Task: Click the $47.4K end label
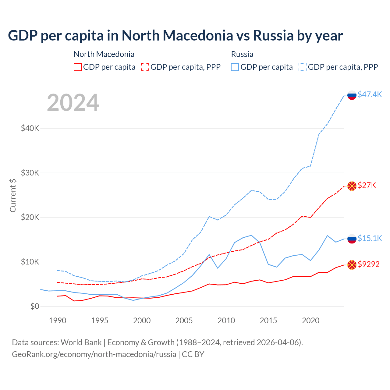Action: pyautogui.click(x=370, y=94)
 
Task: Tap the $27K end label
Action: pyautogui.click(x=367, y=185)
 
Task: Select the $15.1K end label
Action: pyautogui.click(x=370, y=238)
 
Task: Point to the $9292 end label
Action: pyautogui.click(x=368, y=264)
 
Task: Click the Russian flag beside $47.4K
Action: pyautogui.click(x=352, y=95)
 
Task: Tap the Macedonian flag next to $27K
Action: pyautogui.click(x=352, y=186)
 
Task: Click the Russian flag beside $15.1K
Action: pyautogui.click(x=352, y=239)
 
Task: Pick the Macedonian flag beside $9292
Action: pyautogui.click(x=352, y=265)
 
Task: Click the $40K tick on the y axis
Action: pyautogui.click(x=30, y=128)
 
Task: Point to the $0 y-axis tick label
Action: pyautogui.click(x=35, y=306)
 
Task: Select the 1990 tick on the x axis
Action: pyautogui.click(x=58, y=321)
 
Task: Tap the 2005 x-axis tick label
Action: pyautogui.click(x=184, y=321)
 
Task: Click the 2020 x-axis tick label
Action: pyautogui.click(x=310, y=321)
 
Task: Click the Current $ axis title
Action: pyautogui.click(x=13, y=195)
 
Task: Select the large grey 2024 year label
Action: pyautogui.click(x=73, y=103)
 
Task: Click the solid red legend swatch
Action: pyautogui.click(x=78, y=67)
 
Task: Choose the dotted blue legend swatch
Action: pyautogui.click(x=303, y=67)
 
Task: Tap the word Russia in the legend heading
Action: pyautogui.click(x=242, y=54)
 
